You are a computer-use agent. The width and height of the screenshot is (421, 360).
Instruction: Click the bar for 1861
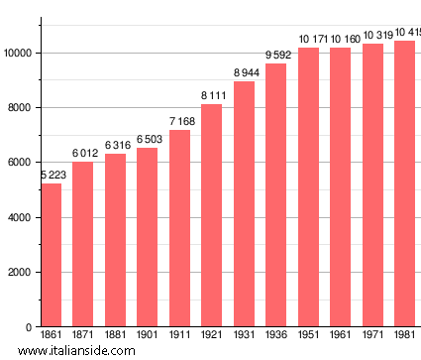coord(51,255)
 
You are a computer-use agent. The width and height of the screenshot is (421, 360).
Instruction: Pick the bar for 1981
coord(404,183)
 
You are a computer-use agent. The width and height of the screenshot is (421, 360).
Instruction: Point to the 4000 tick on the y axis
coord(22,217)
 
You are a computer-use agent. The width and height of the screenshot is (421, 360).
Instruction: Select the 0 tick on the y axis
coord(31,327)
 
